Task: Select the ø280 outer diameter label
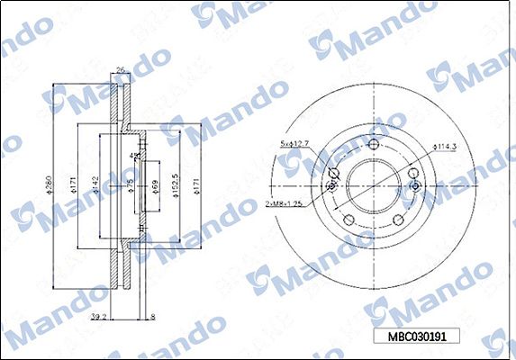[50, 187]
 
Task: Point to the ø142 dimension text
[94, 187]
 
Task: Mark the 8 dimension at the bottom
[152, 318]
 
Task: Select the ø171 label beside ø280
[72, 187]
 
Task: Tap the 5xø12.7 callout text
[294, 143]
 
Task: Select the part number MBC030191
[417, 336]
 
